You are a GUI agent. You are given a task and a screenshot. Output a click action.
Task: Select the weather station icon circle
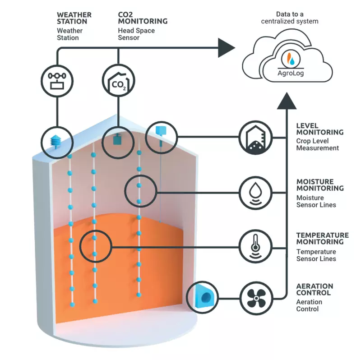click(57, 79)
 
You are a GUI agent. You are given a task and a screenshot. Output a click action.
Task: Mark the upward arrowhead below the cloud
click(287, 102)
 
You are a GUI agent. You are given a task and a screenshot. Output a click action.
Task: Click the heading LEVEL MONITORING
click(319, 129)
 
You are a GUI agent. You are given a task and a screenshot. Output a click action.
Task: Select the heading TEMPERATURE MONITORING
click(322, 238)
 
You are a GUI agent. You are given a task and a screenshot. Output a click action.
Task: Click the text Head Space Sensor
click(136, 34)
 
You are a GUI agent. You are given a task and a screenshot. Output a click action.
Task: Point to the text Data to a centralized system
click(291, 18)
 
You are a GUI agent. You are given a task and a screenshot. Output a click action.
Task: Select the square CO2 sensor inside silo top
click(118, 139)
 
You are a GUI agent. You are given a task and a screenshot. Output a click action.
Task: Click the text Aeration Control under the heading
click(309, 305)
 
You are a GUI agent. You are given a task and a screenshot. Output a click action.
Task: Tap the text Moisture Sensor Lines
click(316, 201)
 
